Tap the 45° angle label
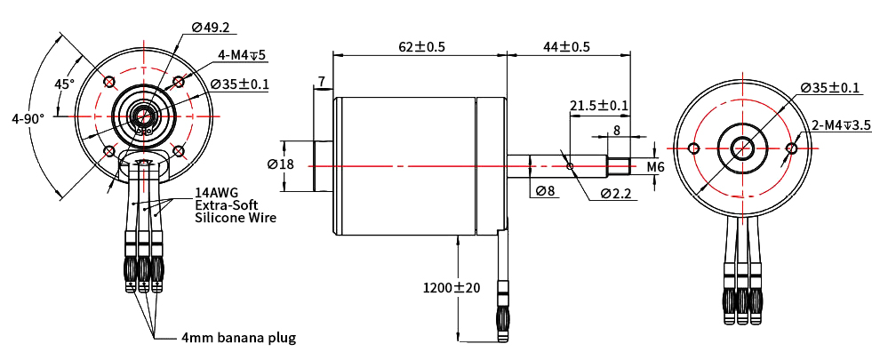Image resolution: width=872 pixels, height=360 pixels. (64, 84)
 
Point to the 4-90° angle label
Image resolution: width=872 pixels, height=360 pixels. (28, 117)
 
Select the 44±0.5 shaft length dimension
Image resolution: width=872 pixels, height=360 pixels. (566, 46)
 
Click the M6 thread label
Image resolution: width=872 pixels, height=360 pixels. (655, 166)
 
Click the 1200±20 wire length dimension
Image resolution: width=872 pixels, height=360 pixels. (451, 288)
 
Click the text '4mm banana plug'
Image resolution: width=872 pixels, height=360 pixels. (238, 338)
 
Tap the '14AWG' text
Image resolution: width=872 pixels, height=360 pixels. (217, 192)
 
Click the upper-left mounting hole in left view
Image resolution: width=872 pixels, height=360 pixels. (109, 83)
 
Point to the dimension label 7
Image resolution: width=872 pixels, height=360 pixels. (322, 83)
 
